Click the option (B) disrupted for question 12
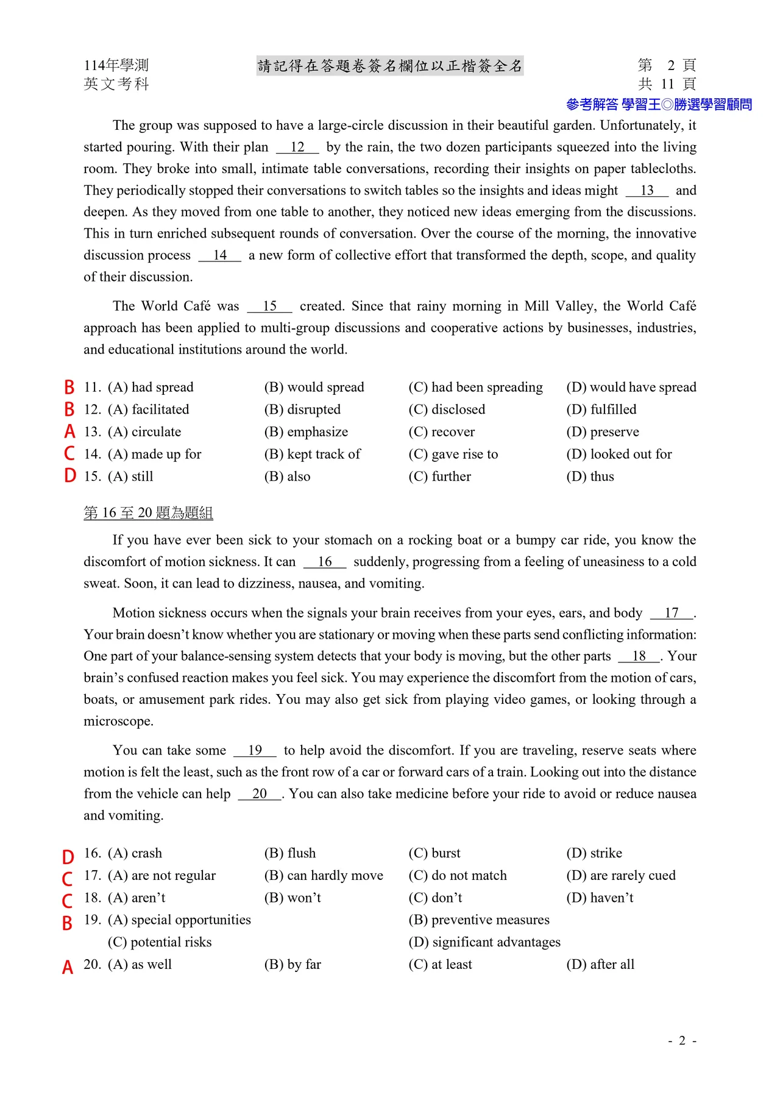tap(302, 410)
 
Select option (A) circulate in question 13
tap(144, 432)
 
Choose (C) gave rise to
tap(453, 454)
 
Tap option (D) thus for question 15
tap(590, 477)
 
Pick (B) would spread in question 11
tap(314, 388)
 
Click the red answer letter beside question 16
tap(68, 857)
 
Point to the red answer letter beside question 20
tap(68, 967)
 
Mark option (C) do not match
tap(457, 876)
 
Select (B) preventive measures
tap(478, 920)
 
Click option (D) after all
tap(600, 964)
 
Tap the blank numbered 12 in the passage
tap(297, 147)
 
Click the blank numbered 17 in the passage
tap(672, 613)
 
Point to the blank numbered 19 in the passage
tap(255, 751)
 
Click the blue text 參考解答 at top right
tap(592, 105)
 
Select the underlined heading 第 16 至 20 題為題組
tap(148, 513)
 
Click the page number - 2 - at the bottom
tap(682, 1040)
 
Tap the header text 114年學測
tap(116, 65)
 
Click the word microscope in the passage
tap(118, 722)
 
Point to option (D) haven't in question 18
tap(600, 898)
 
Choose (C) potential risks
tap(160, 942)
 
